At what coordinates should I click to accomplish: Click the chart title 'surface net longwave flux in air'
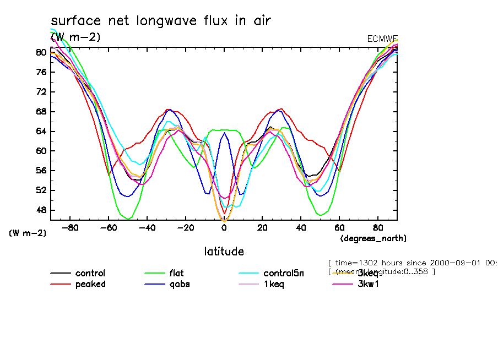pyautogui.click(x=161, y=20)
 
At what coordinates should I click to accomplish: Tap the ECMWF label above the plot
pyautogui.click(x=382, y=39)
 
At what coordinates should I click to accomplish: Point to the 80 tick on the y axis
pyautogui.click(x=41, y=52)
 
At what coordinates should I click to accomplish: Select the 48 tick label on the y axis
pyautogui.click(x=41, y=210)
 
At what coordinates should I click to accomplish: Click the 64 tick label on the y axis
pyautogui.click(x=41, y=131)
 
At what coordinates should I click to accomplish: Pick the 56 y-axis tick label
pyautogui.click(x=41, y=171)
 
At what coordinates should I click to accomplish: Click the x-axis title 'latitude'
pyautogui.click(x=224, y=252)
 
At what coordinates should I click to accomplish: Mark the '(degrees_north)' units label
pyautogui.click(x=373, y=238)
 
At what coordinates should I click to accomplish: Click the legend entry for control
pyautogui.click(x=90, y=273)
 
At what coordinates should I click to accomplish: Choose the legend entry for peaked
pyautogui.click(x=90, y=284)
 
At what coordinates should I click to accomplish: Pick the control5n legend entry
pyautogui.click(x=283, y=273)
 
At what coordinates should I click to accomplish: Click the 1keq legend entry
pyautogui.click(x=274, y=284)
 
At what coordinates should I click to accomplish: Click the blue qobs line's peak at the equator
pyautogui.click(x=224, y=133)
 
